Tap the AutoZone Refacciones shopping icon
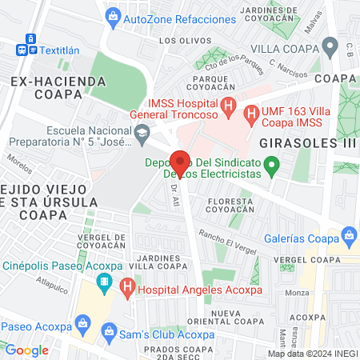pos(114,15)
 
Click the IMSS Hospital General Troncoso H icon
pos(229,105)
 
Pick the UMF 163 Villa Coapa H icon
pos(250,114)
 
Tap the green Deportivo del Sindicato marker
pos(272,166)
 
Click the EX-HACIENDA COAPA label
pos(58,87)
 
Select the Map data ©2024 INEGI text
pos(312,354)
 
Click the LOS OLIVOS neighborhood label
pos(179,40)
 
